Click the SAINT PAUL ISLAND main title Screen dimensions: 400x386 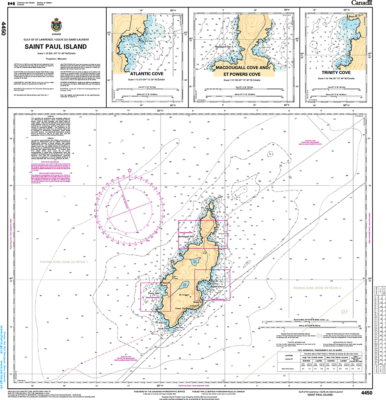point(56,47)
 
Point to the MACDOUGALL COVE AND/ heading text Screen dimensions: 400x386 point(242,67)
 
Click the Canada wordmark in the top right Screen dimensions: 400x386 point(362,3)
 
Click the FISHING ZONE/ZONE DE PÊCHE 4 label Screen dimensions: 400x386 point(317,288)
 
